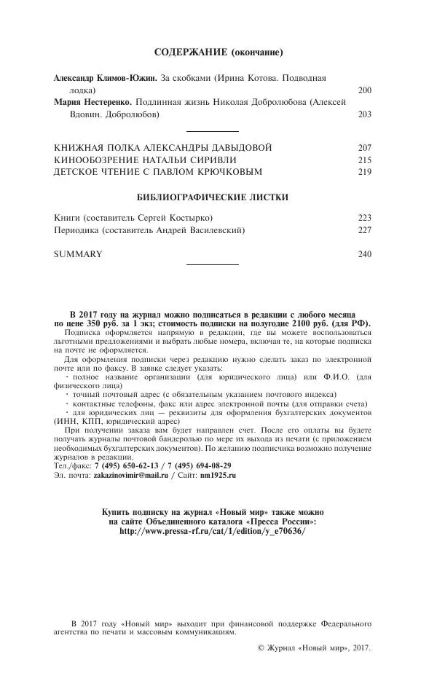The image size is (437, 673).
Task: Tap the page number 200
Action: (365, 90)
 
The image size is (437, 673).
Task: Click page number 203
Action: (365, 115)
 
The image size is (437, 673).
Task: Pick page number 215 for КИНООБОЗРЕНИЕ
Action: (365, 160)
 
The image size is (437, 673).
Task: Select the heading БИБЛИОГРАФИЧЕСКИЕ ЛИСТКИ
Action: (213, 197)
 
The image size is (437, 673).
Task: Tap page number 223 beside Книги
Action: (365, 218)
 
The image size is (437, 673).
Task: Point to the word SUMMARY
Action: (78, 254)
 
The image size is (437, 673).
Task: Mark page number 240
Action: (365, 254)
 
